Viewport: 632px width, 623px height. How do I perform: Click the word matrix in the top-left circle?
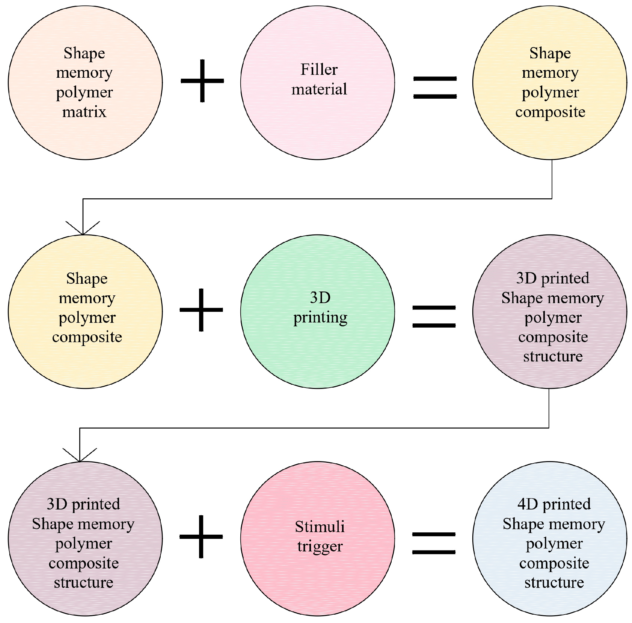point(85,112)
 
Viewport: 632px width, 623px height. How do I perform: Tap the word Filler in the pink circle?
point(319,70)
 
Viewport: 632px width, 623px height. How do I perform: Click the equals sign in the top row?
point(435,87)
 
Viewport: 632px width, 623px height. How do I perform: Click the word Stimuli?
point(320,527)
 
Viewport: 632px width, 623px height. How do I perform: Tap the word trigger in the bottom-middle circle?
point(320,547)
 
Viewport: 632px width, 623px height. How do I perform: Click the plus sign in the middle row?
point(201,310)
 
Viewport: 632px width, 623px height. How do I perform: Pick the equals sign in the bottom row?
point(434,543)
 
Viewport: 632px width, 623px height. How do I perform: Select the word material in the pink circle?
point(319,89)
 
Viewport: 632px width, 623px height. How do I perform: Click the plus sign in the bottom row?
point(201,537)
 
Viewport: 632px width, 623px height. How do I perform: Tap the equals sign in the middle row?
point(434,316)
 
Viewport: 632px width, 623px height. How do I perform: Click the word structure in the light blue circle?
point(554,582)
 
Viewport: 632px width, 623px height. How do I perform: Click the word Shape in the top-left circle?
point(85,53)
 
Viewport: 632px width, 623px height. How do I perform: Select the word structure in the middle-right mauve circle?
point(553,356)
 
